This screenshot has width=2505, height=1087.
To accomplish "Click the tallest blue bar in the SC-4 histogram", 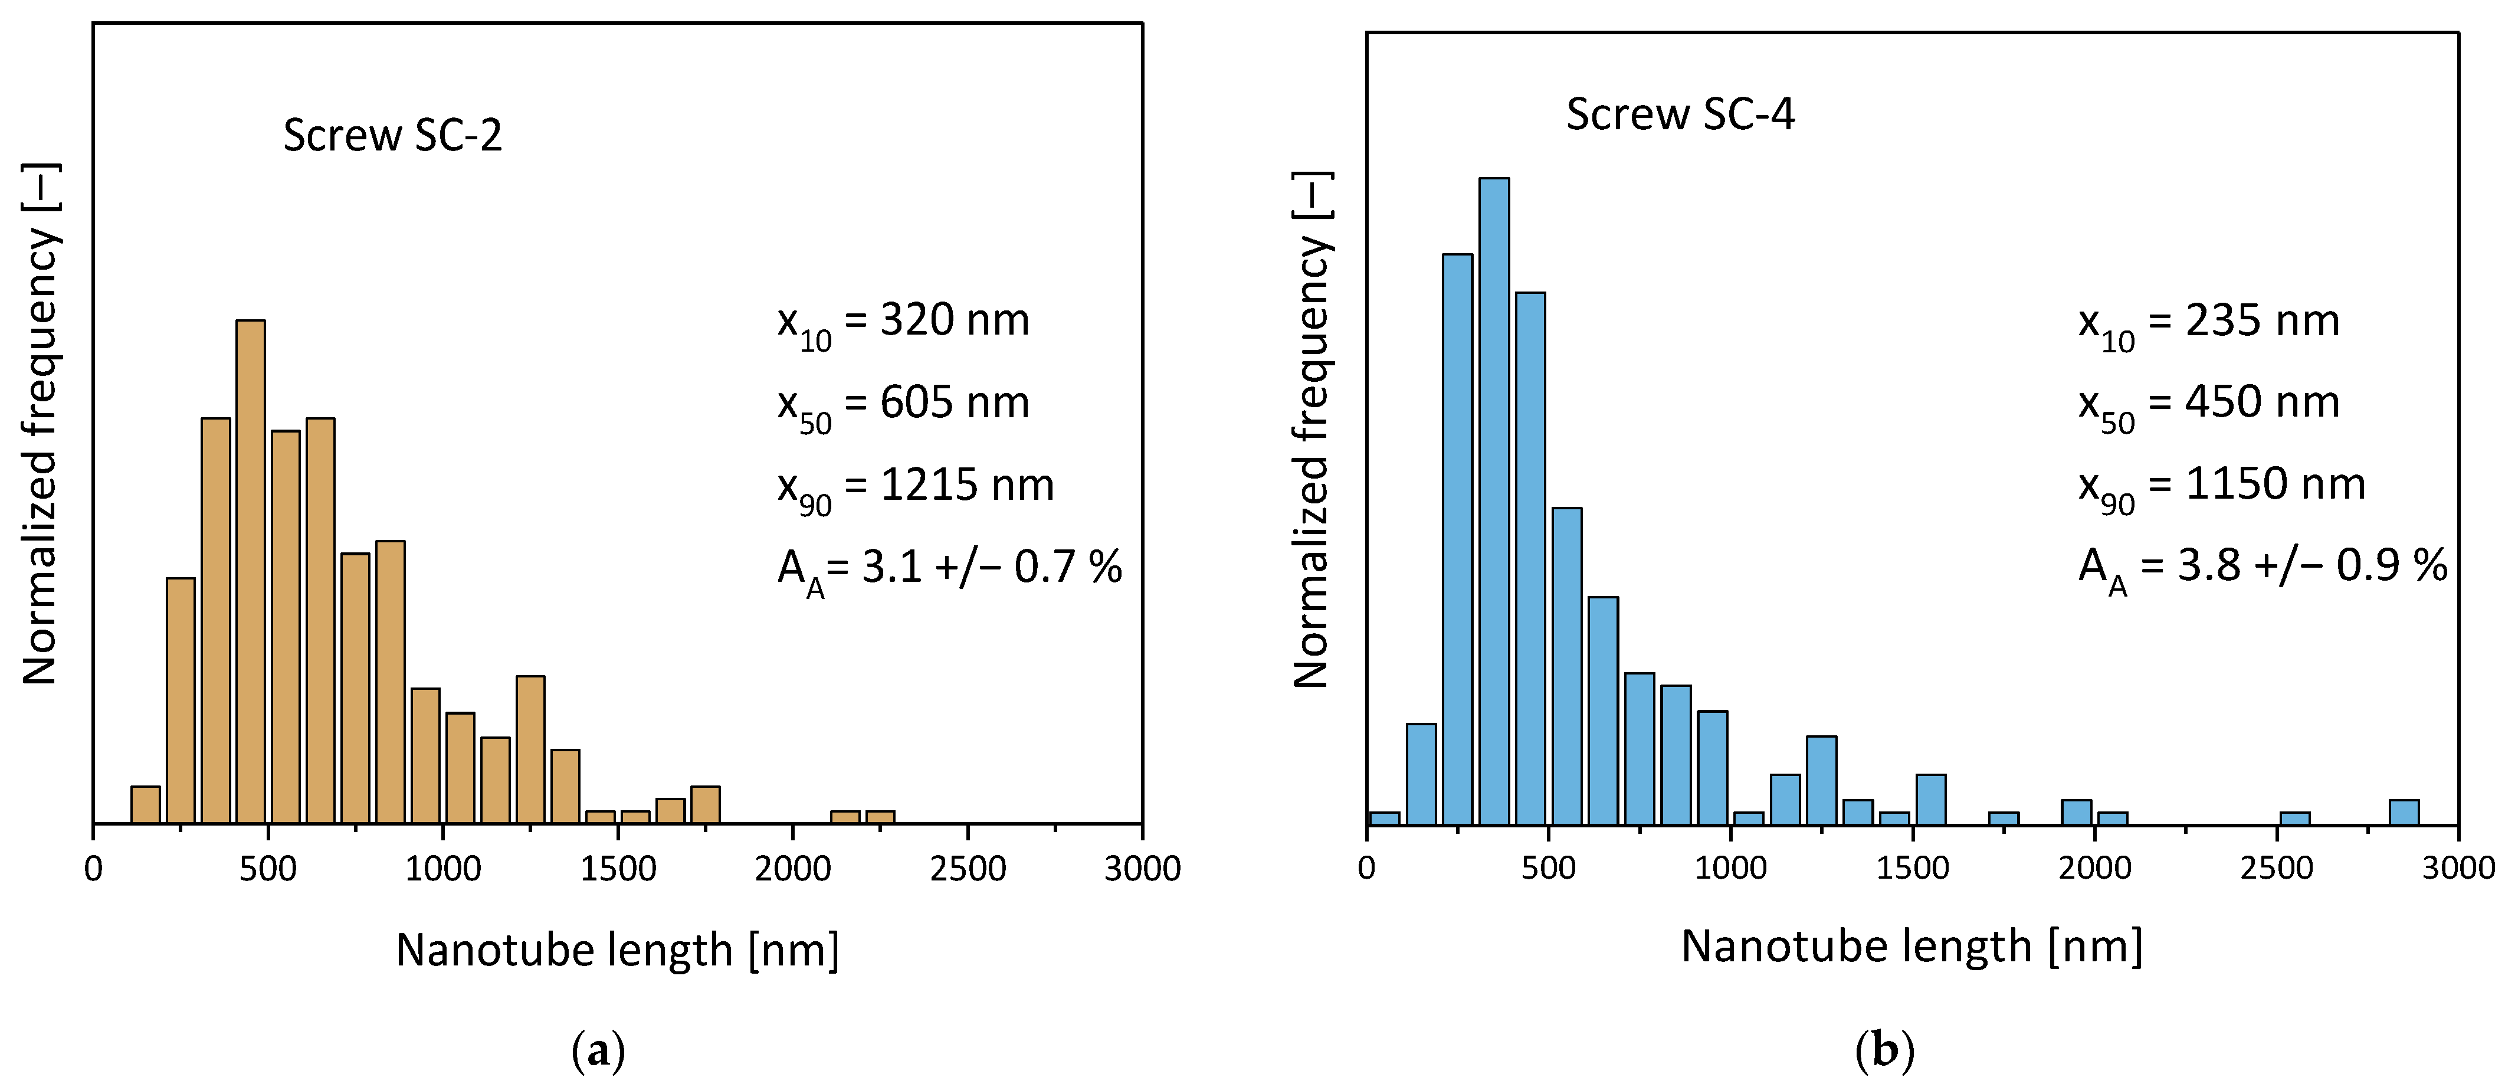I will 1494,501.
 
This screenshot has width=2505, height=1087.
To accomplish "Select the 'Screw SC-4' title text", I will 1680,114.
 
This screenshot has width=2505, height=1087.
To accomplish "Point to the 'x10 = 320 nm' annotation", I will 903,322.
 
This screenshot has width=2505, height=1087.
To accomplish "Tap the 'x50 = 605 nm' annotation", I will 903,404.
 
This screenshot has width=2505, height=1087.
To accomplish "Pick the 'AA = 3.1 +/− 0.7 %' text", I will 949,568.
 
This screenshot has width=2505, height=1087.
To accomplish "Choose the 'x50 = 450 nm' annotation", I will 2208,404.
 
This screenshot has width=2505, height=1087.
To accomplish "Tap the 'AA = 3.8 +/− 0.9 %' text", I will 2262,567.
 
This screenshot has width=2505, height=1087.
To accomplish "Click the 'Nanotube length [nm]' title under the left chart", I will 618,950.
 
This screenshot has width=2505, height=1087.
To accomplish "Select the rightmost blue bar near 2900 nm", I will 2404,813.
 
